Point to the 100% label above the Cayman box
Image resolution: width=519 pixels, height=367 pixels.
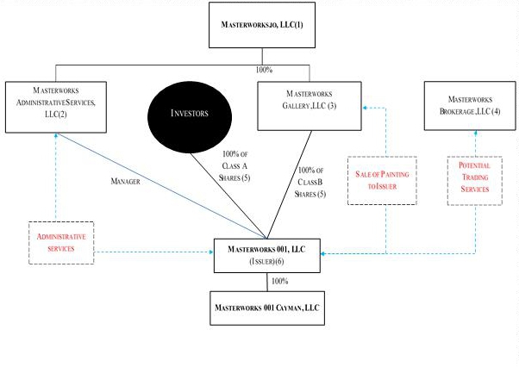point(279,282)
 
